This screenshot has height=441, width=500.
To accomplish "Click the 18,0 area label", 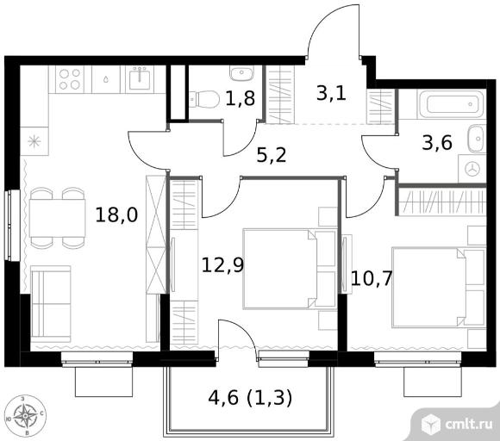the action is [x=116, y=214].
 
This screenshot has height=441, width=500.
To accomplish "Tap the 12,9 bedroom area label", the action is [x=222, y=265].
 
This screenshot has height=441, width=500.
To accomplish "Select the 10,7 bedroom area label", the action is [x=372, y=278].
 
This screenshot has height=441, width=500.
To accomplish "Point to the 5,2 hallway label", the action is [x=272, y=155].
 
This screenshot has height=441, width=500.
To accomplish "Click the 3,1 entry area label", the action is [x=331, y=94].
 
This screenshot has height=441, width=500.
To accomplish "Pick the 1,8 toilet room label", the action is [x=241, y=98].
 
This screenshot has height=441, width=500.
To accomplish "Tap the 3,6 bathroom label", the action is [x=437, y=142].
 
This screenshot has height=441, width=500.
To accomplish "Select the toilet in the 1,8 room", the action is [x=204, y=99].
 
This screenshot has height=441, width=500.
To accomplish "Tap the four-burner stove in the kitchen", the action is [x=70, y=79].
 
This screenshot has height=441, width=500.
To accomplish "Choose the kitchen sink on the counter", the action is [x=140, y=79].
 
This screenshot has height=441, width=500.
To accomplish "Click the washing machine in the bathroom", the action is [x=472, y=169].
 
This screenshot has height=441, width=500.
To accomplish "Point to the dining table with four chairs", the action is [x=58, y=218].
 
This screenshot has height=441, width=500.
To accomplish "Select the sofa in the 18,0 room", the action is [x=51, y=304].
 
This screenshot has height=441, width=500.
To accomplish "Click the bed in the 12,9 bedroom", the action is [x=290, y=269].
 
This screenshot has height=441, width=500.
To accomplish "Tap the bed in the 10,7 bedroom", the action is [x=439, y=288].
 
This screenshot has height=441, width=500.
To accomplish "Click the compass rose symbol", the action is [x=26, y=416].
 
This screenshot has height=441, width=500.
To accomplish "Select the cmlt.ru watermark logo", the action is [x=457, y=424].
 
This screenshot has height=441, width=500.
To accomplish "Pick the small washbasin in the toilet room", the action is [x=241, y=73].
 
